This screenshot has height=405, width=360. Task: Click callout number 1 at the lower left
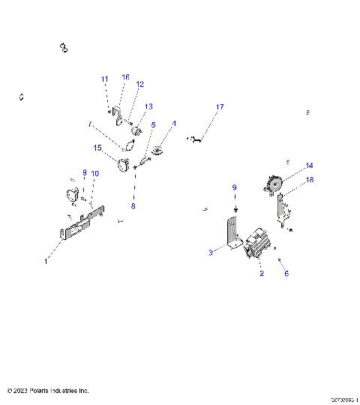coord(46,261)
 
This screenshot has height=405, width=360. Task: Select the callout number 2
coord(262,274)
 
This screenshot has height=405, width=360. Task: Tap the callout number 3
coord(211,253)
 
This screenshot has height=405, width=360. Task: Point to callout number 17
coord(220,107)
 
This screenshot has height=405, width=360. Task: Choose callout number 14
coord(309,165)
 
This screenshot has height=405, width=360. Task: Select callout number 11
coord(105,79)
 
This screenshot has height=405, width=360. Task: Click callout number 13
coord(148,106)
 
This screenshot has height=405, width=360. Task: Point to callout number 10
coord(94,173)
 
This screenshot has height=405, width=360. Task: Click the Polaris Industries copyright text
coord(48,391)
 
